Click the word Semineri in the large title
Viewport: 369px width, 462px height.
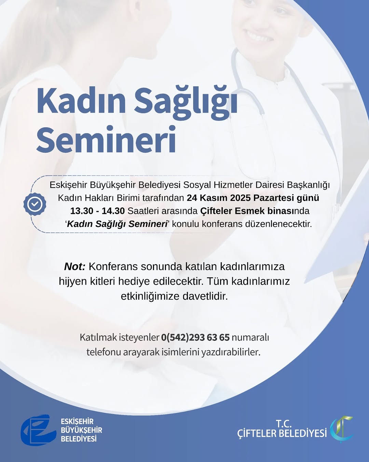(106, 140)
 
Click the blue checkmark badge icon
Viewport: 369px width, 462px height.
(35, 204)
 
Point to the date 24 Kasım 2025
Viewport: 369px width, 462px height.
(218, 198)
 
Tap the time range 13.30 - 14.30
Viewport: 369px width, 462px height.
(97, 211)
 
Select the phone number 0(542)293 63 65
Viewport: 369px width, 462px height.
(195, 337)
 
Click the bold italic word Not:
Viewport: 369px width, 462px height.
(75, 267)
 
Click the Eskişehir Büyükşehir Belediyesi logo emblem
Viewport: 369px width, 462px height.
(38, 430)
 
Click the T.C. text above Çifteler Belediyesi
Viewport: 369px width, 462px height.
(284, 423)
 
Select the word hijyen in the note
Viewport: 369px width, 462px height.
(73, 281)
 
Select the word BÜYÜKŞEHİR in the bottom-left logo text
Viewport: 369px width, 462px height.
(81, 430)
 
